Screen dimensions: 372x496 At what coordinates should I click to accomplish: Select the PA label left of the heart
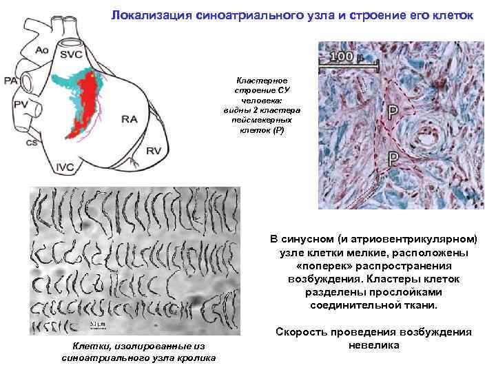[x=11, y=81]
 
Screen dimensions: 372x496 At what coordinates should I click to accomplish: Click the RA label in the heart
[x=130, y=119]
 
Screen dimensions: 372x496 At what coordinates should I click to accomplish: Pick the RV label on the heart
[x=153, y=151]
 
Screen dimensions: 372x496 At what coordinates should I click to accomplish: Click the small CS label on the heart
[x=32, y=143]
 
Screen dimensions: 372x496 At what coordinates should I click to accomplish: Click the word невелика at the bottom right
[x=374, y=344]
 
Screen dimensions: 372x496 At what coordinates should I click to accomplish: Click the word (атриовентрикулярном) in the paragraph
[x=417, y=240]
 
